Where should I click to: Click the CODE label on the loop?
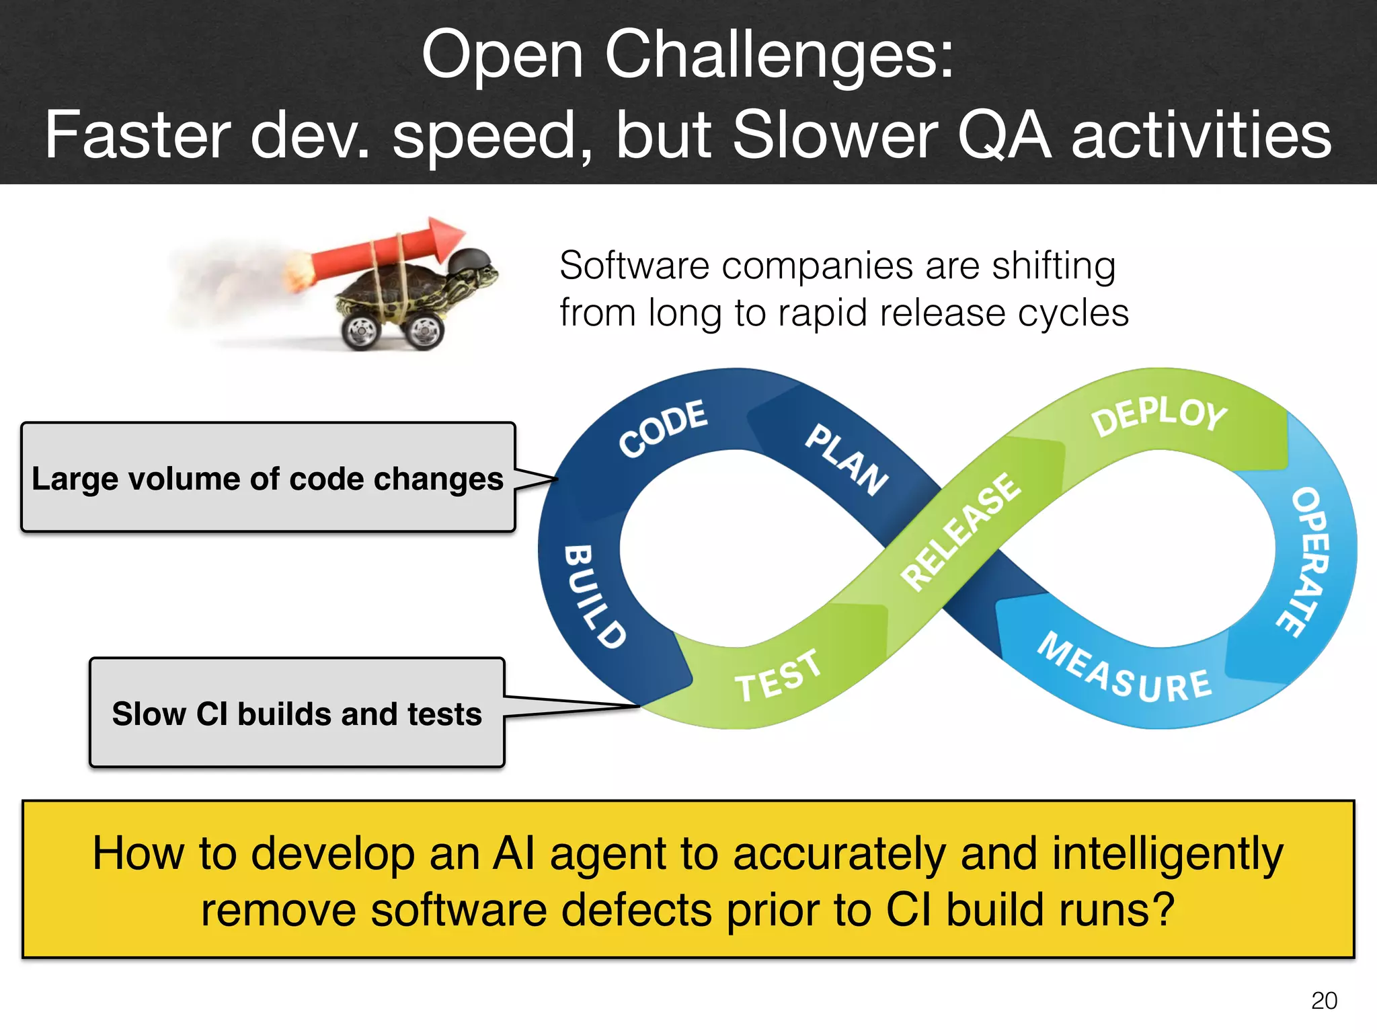point(663,428)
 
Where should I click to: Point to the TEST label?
point(778,676)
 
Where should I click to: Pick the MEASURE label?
point(1124,671)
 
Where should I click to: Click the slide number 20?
point(1323,1001)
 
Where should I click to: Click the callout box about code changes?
point(268,478)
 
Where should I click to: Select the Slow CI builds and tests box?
point(297,713)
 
